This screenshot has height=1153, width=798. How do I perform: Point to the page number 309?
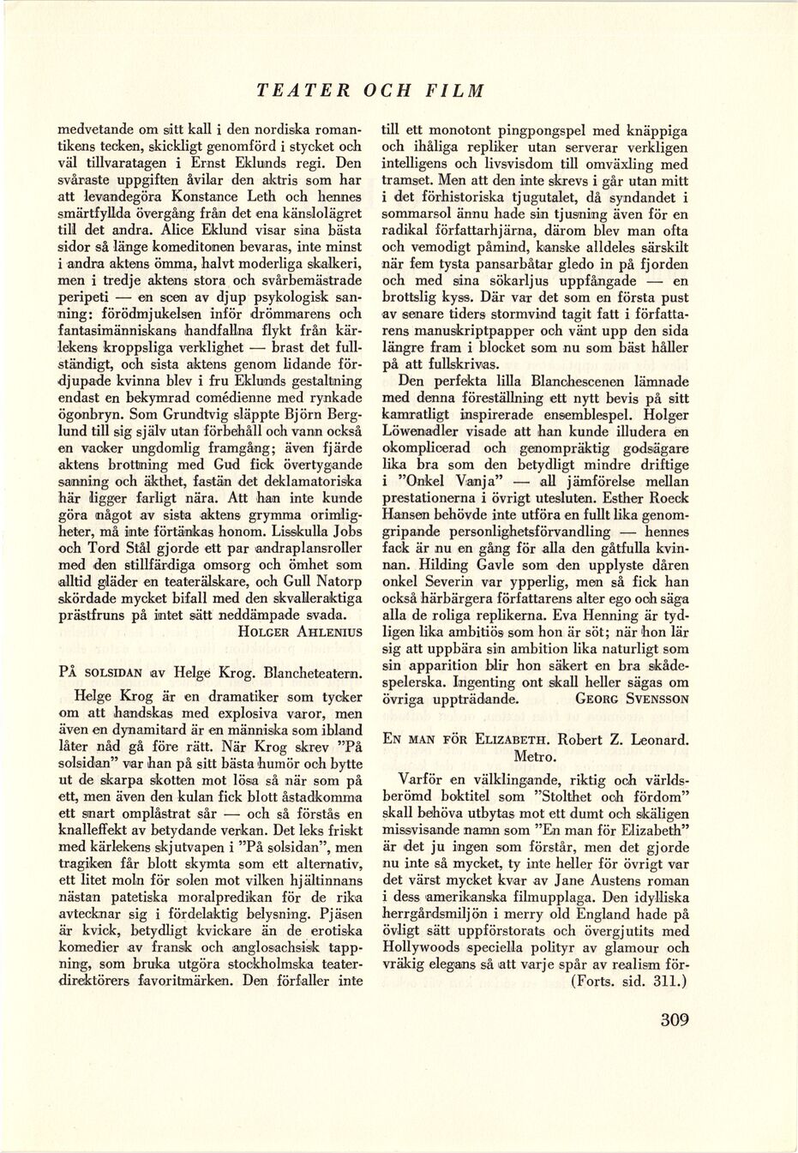coord(675,1019)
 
